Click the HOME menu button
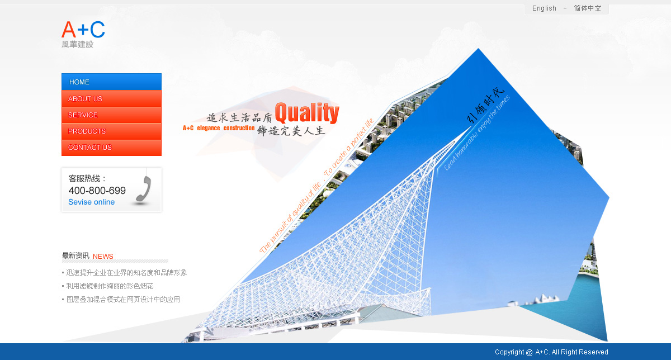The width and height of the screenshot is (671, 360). (111, 82)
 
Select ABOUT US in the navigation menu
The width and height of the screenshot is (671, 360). (111, 98)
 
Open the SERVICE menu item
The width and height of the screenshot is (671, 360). (111, 115)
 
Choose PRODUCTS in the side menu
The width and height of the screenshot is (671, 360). (111, 131)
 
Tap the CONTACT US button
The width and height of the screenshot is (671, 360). (111, 148)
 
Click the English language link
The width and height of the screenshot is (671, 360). (544, 8)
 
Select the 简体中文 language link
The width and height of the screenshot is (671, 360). (588, 8)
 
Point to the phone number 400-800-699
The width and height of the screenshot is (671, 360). (97, 191)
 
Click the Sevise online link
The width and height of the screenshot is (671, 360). (91, 202)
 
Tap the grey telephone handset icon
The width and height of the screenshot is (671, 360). (144, 189)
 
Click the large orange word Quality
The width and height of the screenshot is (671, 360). (307, 112)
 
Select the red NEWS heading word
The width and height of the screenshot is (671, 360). (103, 257)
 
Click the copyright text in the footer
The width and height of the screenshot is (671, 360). (551, 352)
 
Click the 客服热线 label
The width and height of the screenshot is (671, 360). (87, 178)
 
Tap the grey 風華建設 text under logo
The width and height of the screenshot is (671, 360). (78, 44)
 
